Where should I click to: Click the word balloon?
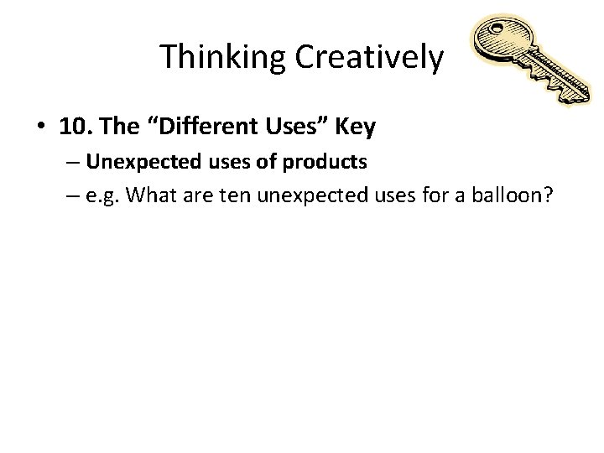(503, 195)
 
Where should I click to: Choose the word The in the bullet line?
(123, 128)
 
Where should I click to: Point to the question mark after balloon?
(545, 195)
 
